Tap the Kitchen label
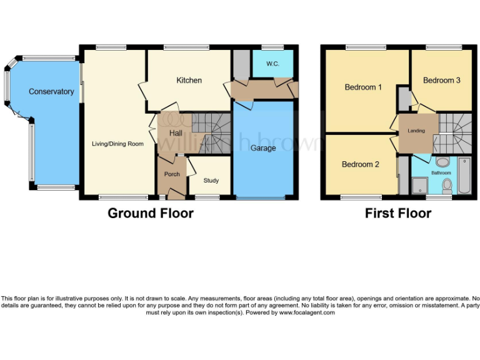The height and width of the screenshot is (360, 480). tap(189, 81)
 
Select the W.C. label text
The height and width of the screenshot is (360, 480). tap(272, 64)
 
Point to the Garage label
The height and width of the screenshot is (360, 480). tap(263, 148)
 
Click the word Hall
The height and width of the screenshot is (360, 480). tap(176, 134)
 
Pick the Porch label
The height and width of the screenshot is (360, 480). tap(172, 174)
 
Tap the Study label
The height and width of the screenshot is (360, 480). tap(211, 181)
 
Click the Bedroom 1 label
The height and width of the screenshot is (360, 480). tap(363, 87)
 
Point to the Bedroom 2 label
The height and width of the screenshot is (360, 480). tap(361, 165)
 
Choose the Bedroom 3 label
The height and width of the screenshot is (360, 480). tap(442, 81)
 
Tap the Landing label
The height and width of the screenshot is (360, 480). tap(416, 131)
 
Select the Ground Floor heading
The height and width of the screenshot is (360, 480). tap(151, 213)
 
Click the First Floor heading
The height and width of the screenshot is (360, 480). tap(398, 213)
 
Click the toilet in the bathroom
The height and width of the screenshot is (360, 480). tap(447, 186)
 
